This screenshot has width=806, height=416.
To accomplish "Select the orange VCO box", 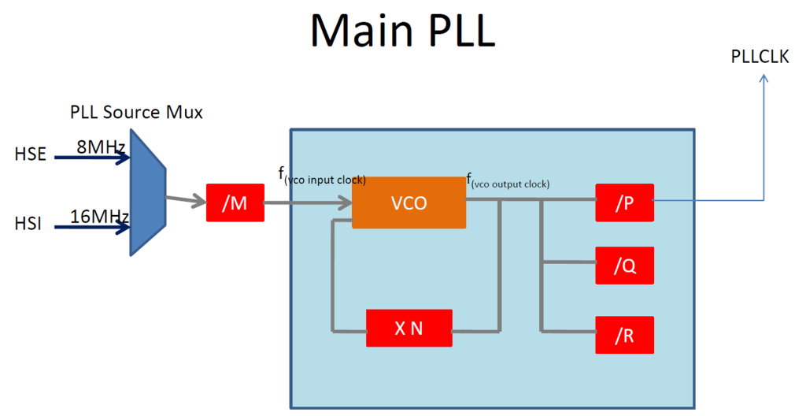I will coord(409,202).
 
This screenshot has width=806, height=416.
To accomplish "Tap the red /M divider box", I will coord(235,203).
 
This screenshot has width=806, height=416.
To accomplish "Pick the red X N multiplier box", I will coord(409,329).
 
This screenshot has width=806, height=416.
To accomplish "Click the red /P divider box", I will coord(625,202).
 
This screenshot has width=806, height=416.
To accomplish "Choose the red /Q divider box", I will coord(625,266).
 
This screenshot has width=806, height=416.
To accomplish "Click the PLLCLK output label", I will coord(760,57).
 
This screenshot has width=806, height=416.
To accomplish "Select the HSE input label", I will coord(31,155).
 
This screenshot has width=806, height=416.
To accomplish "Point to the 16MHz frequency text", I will coord(99,216).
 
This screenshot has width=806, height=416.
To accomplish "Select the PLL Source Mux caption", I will coord(135,113).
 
